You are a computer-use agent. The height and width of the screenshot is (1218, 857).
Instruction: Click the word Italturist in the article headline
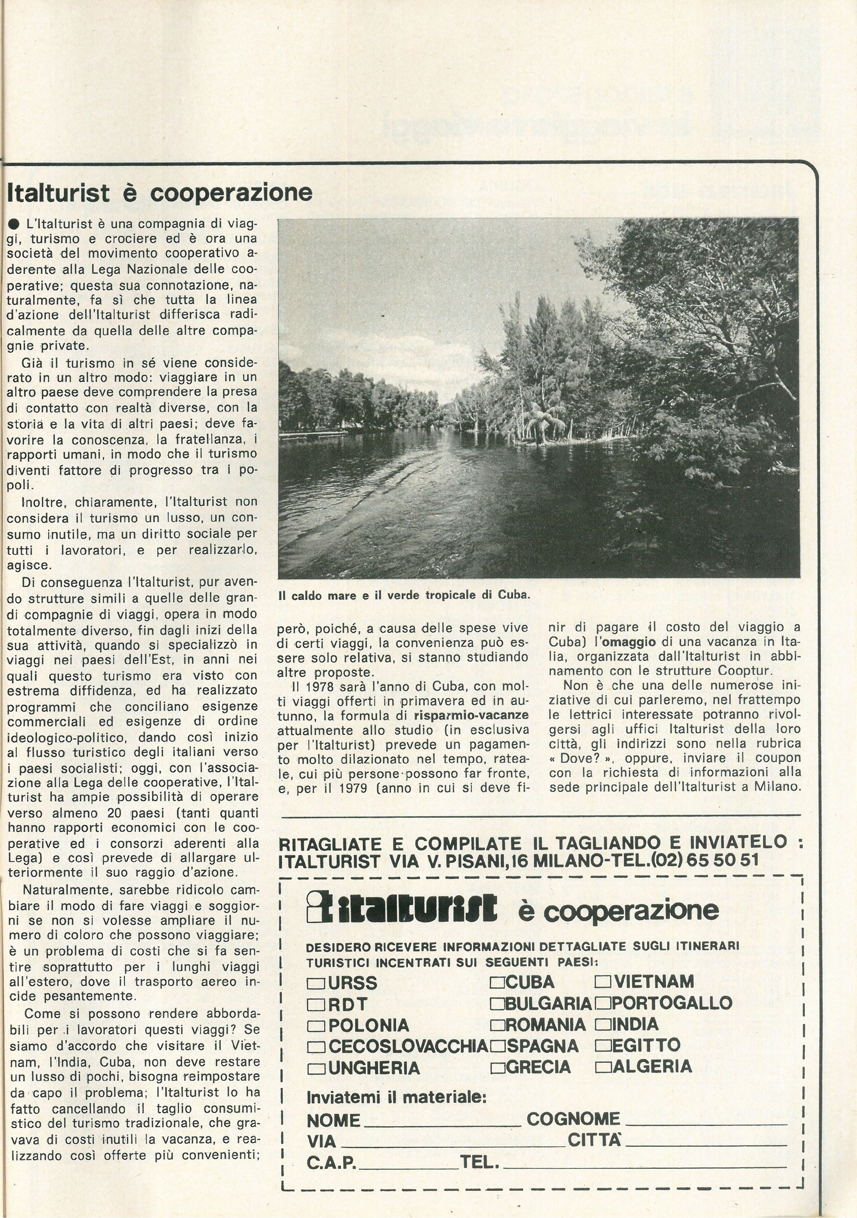pos(58,193)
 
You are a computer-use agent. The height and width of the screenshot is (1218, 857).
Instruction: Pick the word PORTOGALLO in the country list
pos(672,1003)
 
